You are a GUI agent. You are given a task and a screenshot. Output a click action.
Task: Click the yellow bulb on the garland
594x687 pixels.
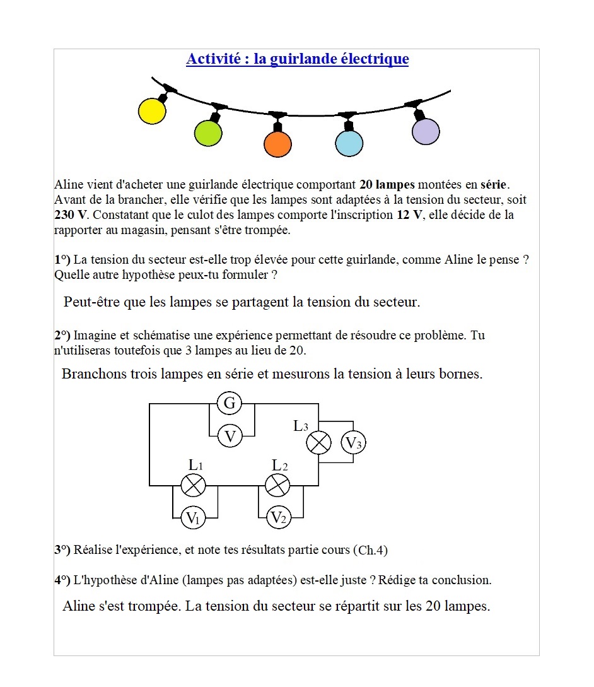(152, 111)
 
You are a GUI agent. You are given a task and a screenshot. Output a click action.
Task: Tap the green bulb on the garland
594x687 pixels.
(208, 132)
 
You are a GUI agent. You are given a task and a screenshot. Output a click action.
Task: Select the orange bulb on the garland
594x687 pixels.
(277, 143)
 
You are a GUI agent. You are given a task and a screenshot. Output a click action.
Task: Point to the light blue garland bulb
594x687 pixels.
(349, 143)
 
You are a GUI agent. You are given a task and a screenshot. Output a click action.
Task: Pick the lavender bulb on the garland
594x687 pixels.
(426, 131)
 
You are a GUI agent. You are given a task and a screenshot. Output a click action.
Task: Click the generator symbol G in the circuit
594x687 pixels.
(230, 403)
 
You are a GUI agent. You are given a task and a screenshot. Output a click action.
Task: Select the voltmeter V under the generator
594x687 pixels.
(231, 435)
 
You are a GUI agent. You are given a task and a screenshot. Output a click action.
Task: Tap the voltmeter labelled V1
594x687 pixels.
(193, 518)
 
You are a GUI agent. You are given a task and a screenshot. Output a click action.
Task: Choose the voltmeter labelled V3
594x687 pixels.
(354, 443)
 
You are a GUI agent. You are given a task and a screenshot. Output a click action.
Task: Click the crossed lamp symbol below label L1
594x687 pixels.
(194, 485)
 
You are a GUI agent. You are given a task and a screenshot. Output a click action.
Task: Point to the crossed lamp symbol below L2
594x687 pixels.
(277, 485)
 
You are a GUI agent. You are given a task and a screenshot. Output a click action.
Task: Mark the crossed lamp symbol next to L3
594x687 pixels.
(319, 443)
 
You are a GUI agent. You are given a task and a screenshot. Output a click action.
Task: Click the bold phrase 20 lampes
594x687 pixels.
(387, 185)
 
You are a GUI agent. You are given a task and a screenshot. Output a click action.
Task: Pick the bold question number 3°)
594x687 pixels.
(62, 549)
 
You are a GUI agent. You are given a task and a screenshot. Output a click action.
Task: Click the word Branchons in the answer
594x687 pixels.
(93, 374)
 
